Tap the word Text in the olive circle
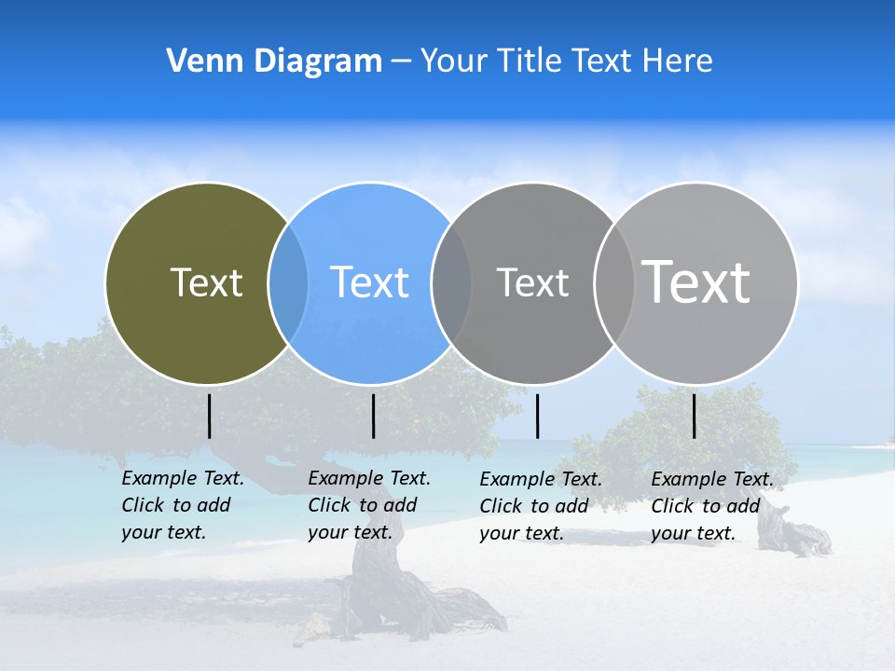[206, 282]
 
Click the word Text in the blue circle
[370, 282]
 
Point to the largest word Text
[696, 281]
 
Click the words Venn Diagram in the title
[274, 61]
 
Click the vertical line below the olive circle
[210, 416]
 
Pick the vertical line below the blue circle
[373, 416]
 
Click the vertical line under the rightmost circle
[695, 416]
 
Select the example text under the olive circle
[182, 505]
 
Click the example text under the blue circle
[368, 505]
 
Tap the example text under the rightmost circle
[711, 506]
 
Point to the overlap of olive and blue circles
[288, 283]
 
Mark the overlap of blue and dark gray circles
[451, 283]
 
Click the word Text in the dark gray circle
[532, 282]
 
